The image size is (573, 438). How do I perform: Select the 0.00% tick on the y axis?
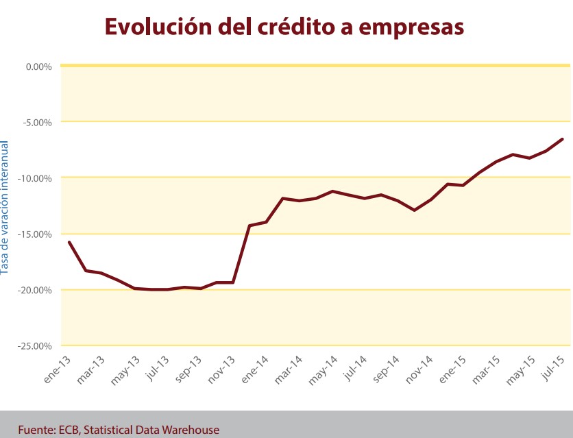coord(38,66)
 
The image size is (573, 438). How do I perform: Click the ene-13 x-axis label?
coord(58,368)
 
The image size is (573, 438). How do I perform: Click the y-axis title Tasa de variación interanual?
coord(5,207)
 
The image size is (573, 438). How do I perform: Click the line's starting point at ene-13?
coord(69,242)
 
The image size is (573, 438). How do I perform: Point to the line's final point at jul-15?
coord(562,139)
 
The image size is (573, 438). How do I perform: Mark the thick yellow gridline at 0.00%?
coord(315,66)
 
